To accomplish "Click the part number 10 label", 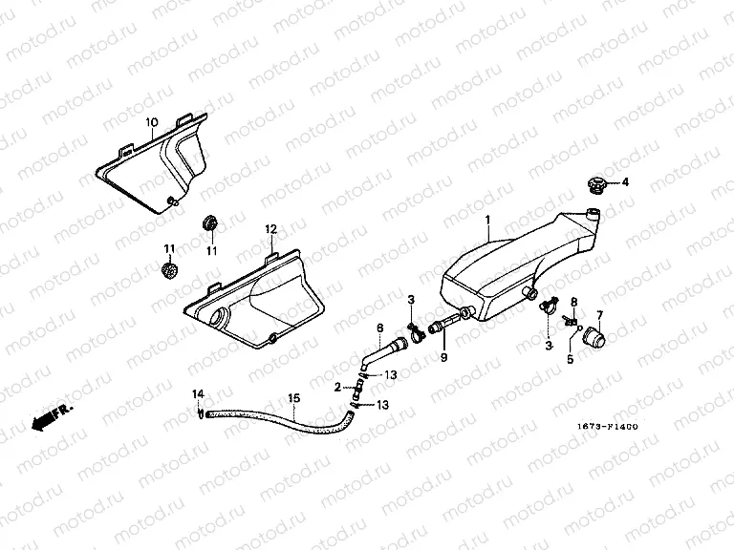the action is click(150, 123).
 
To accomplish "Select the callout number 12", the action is click(270, 229).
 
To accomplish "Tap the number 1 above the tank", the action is click(486, 220).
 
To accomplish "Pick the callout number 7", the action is click(599, 314).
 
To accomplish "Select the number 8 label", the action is click(573, 301).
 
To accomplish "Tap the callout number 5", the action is click(570, 360).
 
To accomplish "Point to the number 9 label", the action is click(443, 358).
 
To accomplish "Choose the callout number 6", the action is click(379, 328).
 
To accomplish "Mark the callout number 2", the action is click(338, 388).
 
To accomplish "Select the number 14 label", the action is click(198, 393).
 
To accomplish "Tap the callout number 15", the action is click(293, 397).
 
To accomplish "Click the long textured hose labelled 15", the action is click(277, 416).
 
